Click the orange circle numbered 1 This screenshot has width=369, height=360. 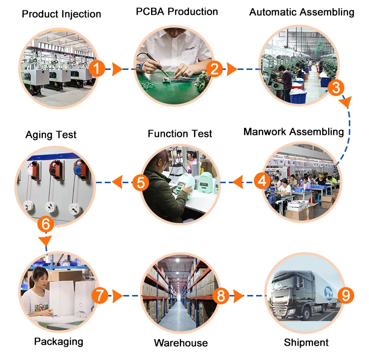click(97, 69)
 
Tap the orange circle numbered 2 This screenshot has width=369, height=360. click(215, 69)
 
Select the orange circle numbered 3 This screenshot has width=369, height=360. click(336, 88)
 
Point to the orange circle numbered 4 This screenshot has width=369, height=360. click(262, 181)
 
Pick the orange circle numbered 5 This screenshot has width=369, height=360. click(141, 183)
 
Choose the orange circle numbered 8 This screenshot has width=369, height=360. click(221, 296)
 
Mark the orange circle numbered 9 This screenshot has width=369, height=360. click(345, 295)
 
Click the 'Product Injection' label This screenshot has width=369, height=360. click(61, 14)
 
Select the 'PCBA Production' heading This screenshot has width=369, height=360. click(177, 12)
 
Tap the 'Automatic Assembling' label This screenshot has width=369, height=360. click(302, 12)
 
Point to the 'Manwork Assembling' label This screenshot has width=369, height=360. click(294, 131)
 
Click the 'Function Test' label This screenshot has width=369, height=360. click(180, 133)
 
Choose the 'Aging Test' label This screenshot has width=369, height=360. click(51, 134)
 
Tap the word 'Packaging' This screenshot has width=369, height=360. click(59, 341)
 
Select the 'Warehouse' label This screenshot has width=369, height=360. click(181, 343)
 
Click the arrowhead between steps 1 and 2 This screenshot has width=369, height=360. click(117, 69)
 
